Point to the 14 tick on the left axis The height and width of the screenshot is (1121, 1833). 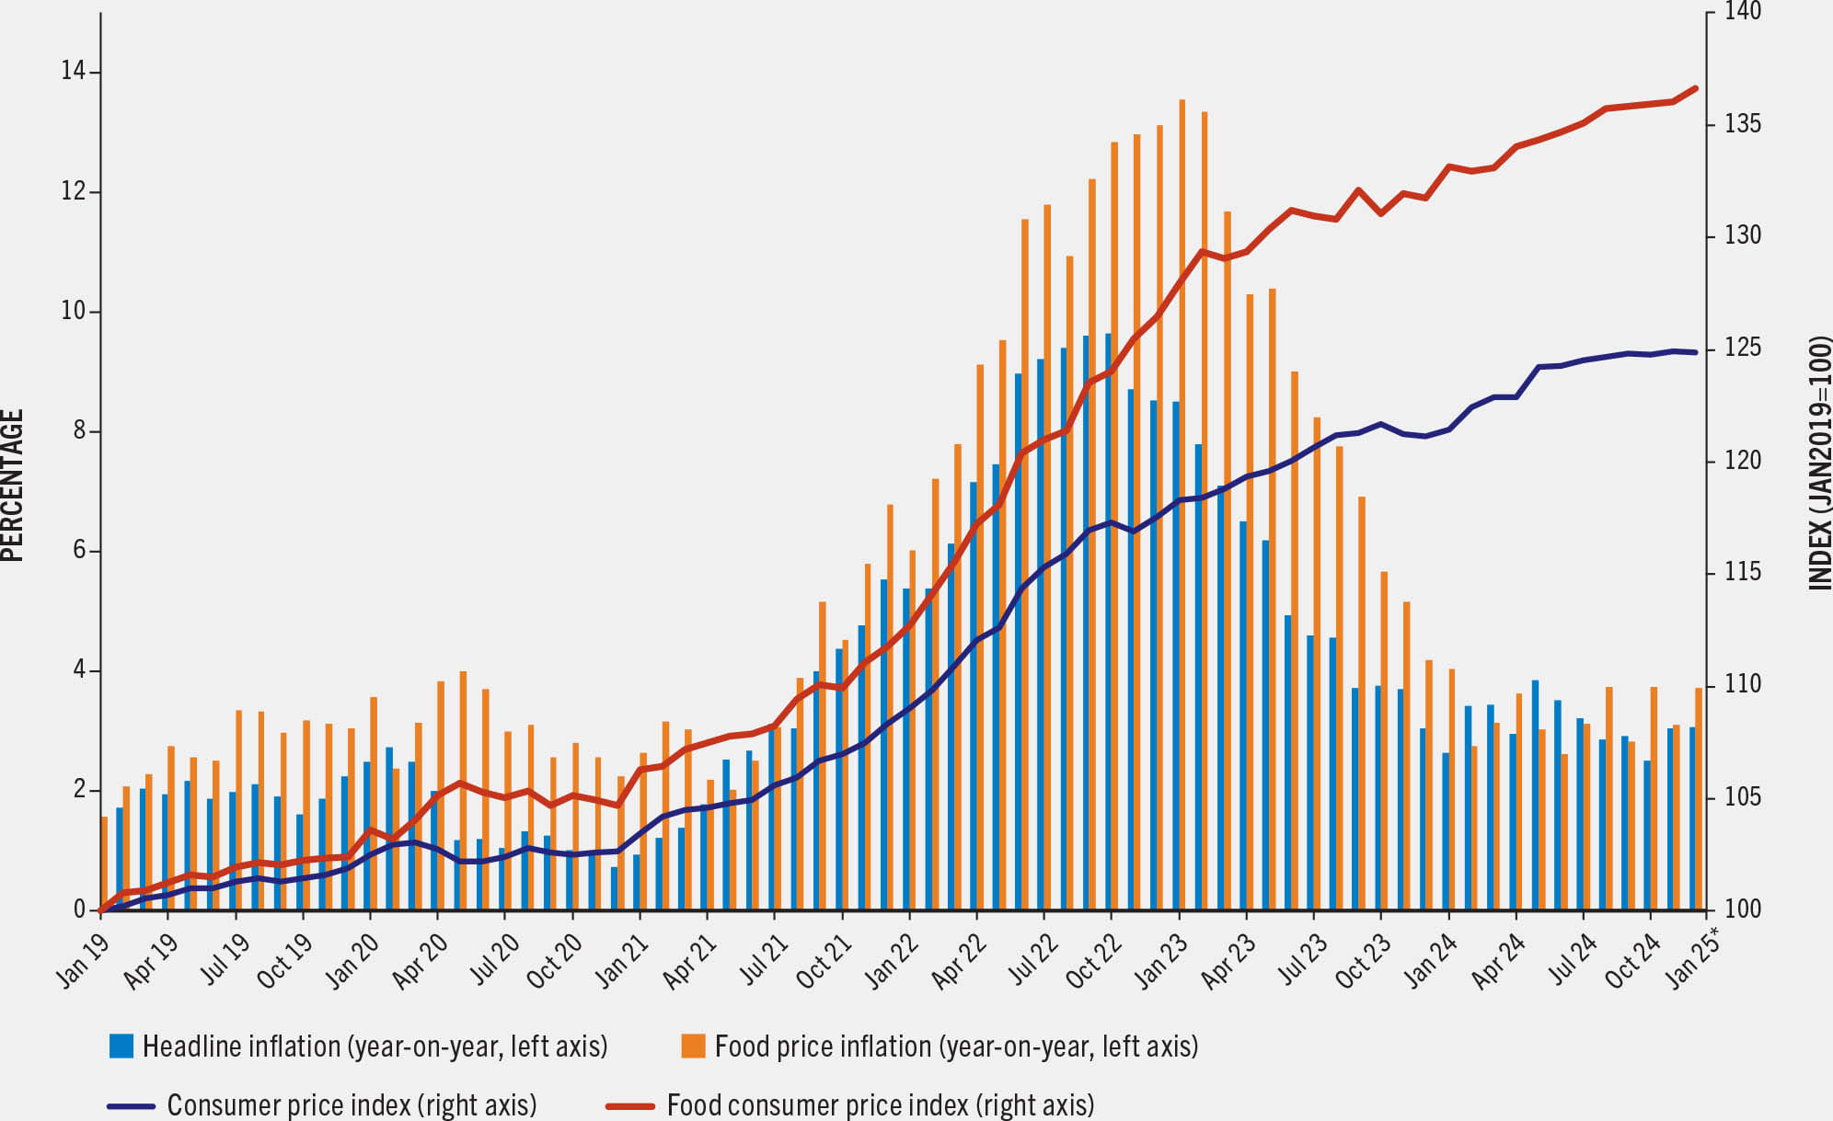point(74,71)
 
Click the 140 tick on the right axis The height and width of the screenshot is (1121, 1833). point(1743,11)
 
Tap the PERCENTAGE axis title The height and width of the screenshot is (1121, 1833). point(12,485)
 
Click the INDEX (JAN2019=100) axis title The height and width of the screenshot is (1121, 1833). point(1820,463)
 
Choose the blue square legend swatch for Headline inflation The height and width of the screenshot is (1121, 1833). point(121,1046)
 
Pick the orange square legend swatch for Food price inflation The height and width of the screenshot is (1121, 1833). point(693,1046)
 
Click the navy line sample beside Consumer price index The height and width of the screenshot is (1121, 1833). point(131,1105)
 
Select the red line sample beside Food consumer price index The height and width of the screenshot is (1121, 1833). point(630,1105)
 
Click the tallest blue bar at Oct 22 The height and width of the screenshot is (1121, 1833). point(1109,622)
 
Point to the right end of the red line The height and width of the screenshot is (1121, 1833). point(1695,88)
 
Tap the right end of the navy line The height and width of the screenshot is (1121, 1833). point(1695,352)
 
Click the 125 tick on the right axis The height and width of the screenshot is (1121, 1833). point(1743,348)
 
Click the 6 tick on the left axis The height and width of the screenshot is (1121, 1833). point(79,550)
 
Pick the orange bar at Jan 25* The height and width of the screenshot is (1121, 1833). point(1699,798)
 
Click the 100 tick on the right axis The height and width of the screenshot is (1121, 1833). point(1743,909)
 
